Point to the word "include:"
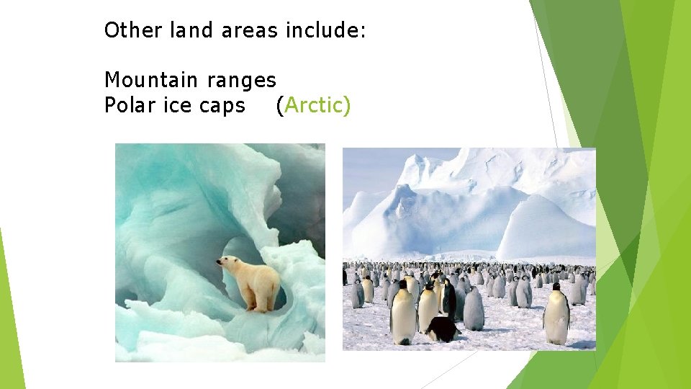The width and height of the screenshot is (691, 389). [x=326, y=30]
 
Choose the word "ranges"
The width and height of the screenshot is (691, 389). [x=241, y=81]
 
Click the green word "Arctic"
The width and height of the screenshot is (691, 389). [x=313, y=105]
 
